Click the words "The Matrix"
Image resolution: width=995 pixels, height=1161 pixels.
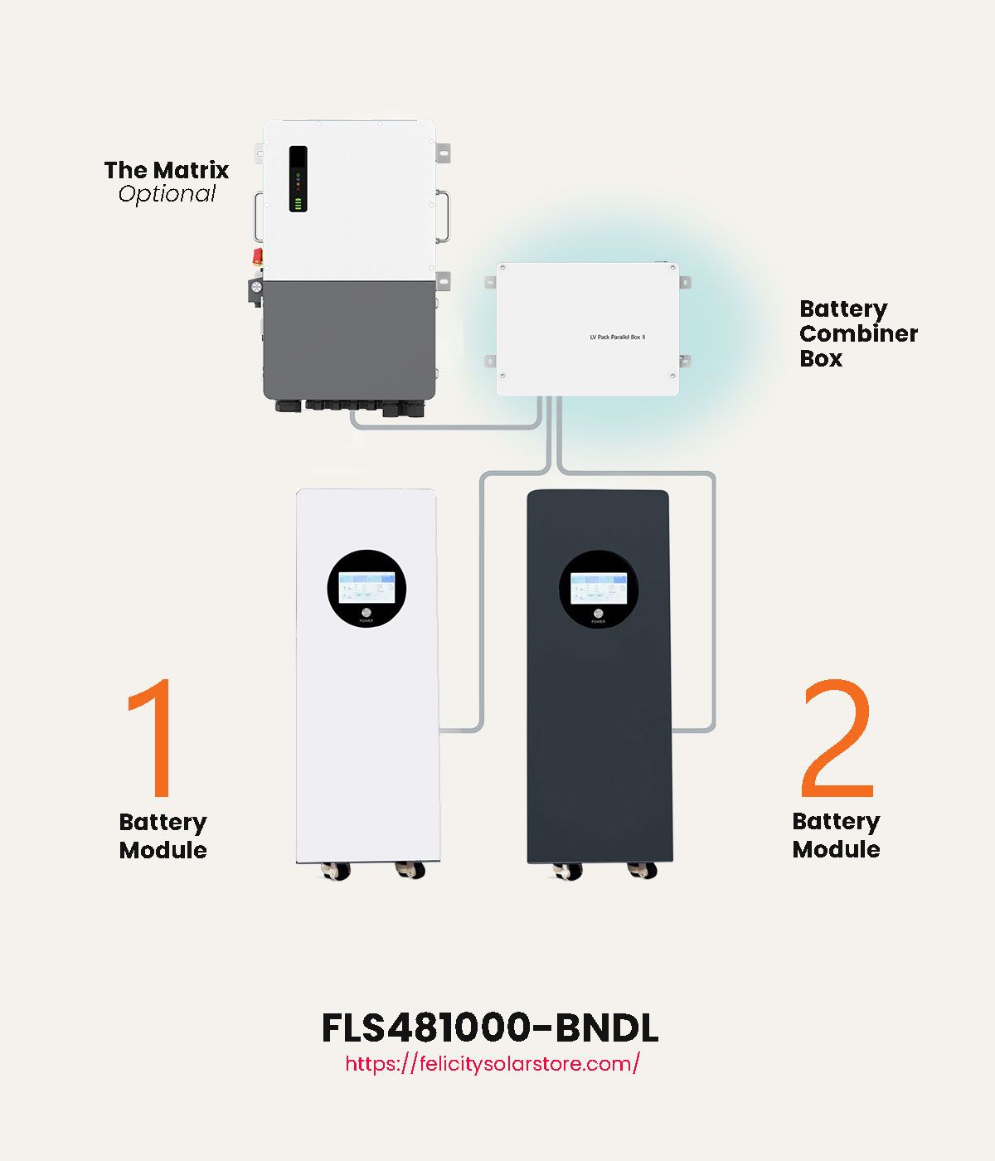coord(167,170)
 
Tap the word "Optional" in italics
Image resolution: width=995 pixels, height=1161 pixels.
coord(167,194)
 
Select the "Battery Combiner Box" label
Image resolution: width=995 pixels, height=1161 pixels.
coord(858,333)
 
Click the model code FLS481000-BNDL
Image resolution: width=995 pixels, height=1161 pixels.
coord(489,1027)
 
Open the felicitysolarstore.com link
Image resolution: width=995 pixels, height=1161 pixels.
coord(492,1064)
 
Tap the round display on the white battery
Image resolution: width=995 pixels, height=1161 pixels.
coord(366,587)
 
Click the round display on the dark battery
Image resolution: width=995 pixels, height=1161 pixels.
coord(599,588)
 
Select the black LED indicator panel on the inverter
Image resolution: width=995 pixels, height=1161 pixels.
coord(298,178)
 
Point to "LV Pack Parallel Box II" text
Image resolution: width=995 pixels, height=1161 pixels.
coord(617,338)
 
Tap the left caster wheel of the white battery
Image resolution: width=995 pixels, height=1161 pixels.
coord(336,870)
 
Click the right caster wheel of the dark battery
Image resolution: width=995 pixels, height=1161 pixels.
coord(643,870)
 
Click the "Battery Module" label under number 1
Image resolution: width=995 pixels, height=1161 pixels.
coord(163,836)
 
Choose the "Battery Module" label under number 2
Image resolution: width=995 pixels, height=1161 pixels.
coord(836,835)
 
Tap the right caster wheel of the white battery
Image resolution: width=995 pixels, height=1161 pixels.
coord(410,870)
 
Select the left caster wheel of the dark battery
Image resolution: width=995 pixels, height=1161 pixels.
coord(568,870)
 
